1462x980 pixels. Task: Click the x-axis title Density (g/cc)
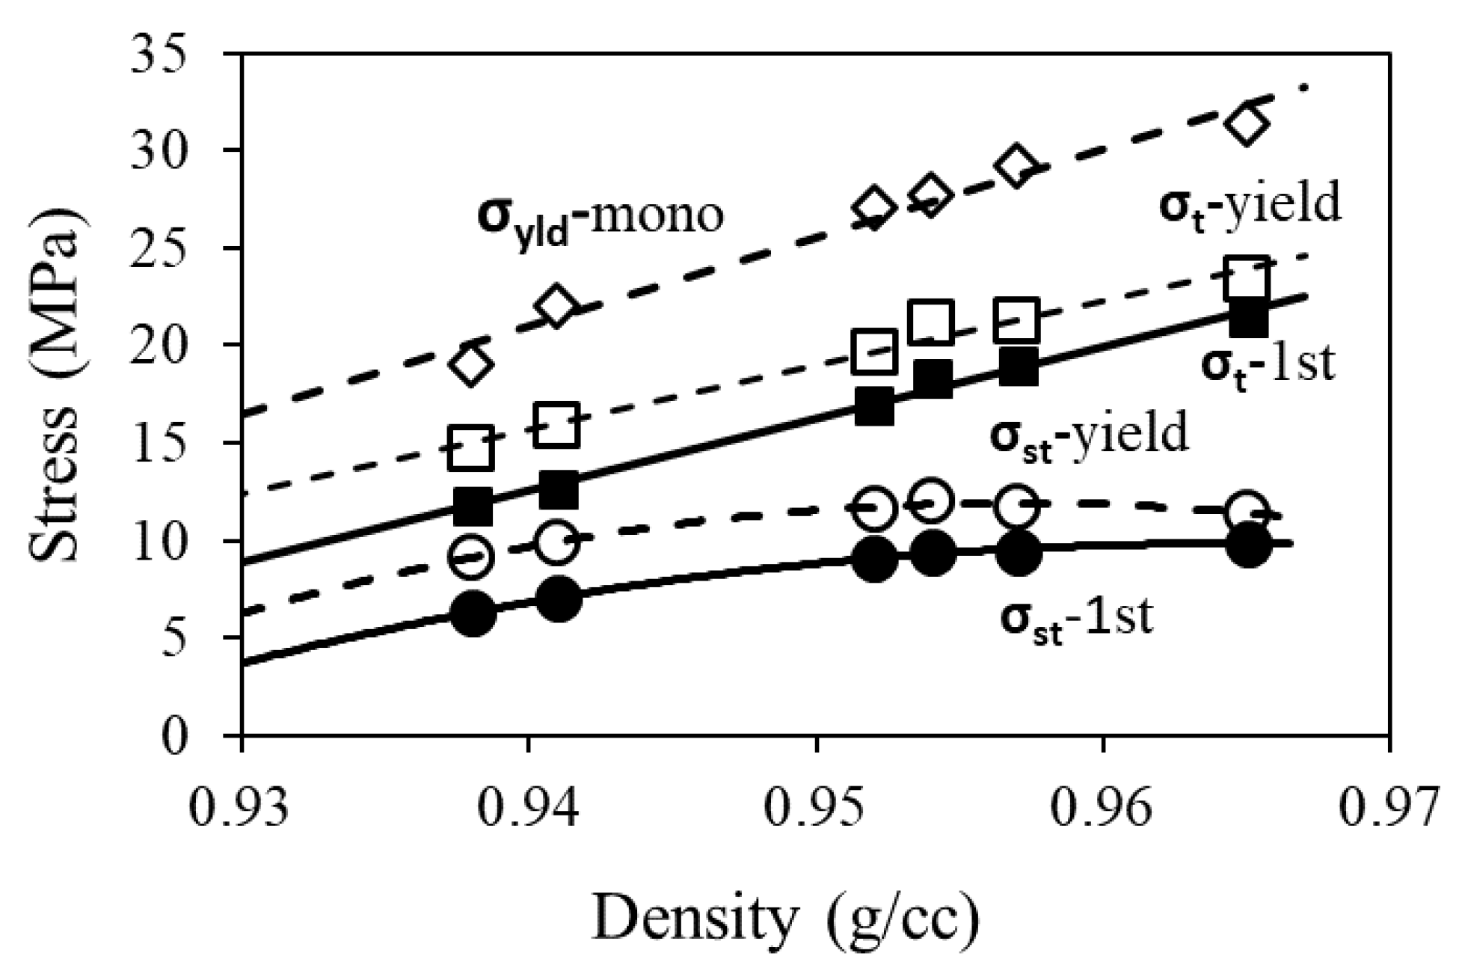tap(785, 919)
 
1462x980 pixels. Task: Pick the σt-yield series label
tap(1250, 204)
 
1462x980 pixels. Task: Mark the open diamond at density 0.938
tap(470, 365)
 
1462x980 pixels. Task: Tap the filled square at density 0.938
tap(473, 507)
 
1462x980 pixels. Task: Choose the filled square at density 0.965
tap(1248, 319)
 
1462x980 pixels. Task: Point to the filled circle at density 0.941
tap(559, 600)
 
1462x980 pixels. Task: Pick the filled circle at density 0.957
tap(1018, 554)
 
